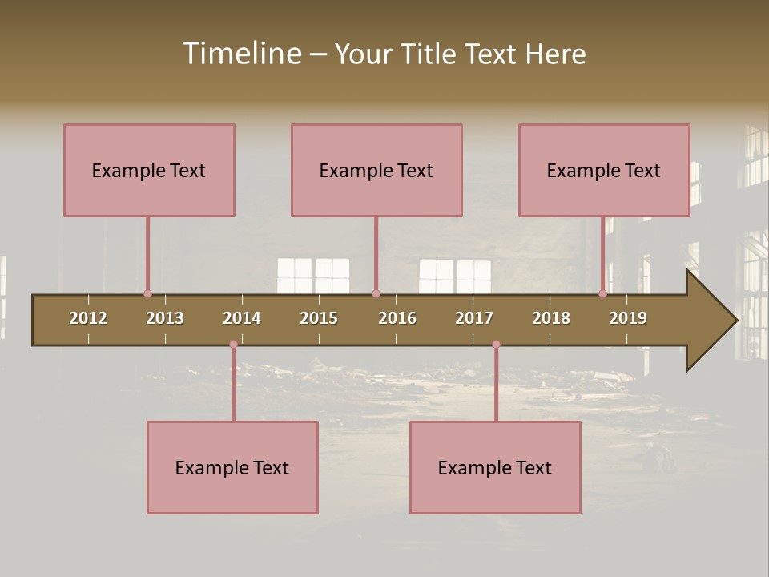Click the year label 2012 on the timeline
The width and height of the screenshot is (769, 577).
88,318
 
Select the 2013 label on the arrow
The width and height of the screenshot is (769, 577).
165,318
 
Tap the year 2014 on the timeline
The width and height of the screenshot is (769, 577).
242,318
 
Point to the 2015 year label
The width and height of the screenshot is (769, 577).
319,318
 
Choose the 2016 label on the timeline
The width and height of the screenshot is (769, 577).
397,318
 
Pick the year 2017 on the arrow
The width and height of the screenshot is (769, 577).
474,318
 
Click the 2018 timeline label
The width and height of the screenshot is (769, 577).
551,318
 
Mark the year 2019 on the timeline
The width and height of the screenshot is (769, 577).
628,318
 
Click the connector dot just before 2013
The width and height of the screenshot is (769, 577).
147,294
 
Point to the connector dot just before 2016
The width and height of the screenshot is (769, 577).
376,294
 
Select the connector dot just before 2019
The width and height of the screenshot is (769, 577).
603,294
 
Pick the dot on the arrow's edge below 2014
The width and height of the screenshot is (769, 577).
233,345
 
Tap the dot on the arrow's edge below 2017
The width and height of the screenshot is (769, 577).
496,345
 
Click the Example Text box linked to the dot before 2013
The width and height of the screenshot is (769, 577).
149,170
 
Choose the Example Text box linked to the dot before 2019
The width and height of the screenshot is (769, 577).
604,170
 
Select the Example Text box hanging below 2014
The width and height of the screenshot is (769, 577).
232,467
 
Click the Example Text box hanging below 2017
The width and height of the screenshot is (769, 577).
495,467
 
